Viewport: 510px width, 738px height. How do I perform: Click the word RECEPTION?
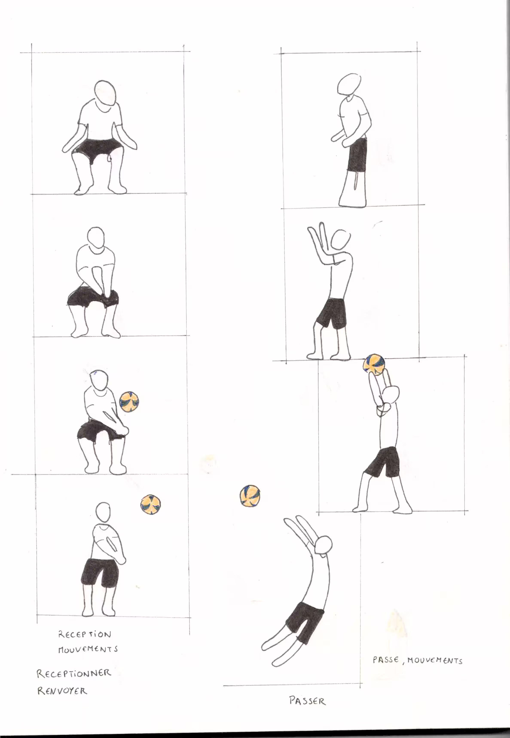tap(85, 634)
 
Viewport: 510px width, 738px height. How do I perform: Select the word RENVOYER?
tap(62, 691)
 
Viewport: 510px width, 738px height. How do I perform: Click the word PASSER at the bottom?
tap(307, 701)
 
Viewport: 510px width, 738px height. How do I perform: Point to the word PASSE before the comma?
tap(386, 660)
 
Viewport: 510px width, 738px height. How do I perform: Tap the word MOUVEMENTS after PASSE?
tap(435, 660)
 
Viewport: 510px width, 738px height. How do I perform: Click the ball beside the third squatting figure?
tap(129, 402)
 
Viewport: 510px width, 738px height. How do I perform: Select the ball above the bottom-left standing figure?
tap(151, 504)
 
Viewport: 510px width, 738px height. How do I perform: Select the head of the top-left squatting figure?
tap(105, 93)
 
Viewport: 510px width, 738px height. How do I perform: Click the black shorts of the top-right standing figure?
tap(357, 155)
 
